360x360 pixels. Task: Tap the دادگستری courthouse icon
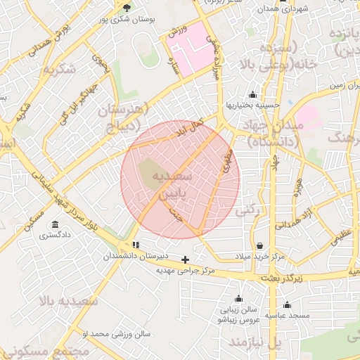click(53, 225)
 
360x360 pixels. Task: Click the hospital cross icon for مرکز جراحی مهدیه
click(185, 259)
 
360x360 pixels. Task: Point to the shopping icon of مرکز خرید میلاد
click(261, 246)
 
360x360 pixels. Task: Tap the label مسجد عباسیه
click(287, 316)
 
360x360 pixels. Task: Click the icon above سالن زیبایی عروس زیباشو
click(238, 298)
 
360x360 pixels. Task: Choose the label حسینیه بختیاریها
click(252, 105)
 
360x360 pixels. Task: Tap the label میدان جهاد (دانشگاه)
click(270, 132)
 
